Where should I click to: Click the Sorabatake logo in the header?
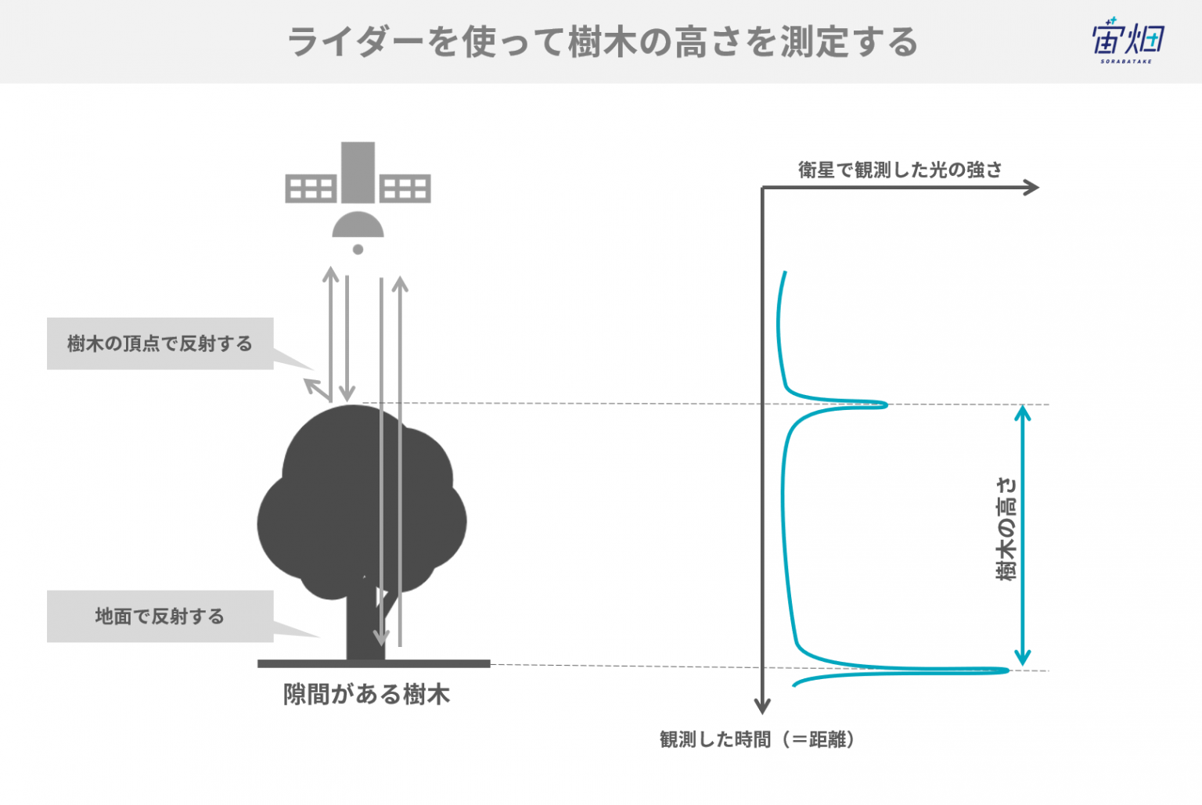[1128, 40]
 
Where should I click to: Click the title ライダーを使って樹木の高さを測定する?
[603, 41]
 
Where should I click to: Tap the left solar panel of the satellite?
[311, 189]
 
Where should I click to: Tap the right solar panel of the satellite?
[405, 189]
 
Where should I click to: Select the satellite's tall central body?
[358, 172]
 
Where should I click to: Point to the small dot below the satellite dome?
[358, 250]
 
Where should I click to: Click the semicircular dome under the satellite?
[358, 225]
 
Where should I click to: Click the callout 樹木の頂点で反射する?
[160, 343]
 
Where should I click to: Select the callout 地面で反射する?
[160, 616]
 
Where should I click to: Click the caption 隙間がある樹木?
[366, 695]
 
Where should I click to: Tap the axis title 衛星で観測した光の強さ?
[900, 170]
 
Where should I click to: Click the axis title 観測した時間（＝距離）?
[757, 739]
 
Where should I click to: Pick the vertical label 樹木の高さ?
[1006, 530]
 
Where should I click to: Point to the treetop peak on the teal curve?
[884, 404]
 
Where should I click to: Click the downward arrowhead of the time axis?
[762, 707]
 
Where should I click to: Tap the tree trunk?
[365, 622]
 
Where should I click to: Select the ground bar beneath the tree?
[374, 664]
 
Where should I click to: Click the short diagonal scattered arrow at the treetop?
[317, 390]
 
